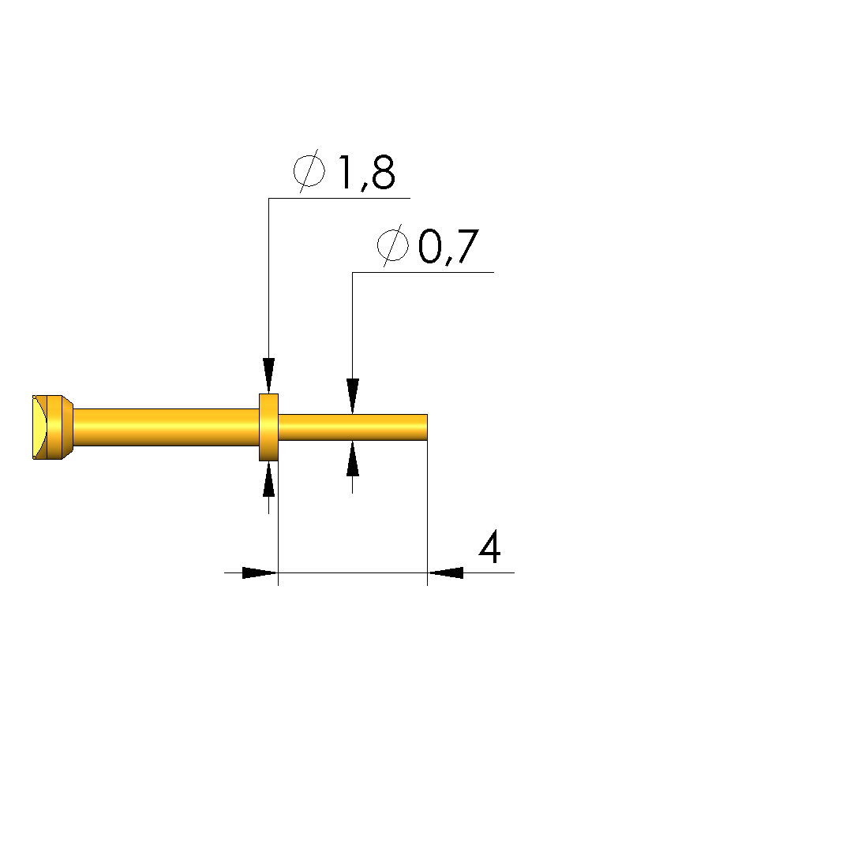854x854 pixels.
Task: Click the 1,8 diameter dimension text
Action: (x=367, y=173)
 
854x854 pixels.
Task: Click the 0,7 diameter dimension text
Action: (x=448, y=247)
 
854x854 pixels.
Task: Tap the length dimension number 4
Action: (x=490, y=546)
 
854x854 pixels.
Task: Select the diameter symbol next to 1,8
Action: (x=309, y=170)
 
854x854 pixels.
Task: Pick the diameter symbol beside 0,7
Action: (x=392, y=245)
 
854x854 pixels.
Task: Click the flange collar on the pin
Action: (x=268, y=427)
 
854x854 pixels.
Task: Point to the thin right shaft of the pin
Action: (x=353, y=427)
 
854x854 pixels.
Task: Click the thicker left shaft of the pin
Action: (x=166, y=427)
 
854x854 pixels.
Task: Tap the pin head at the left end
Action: (x=52, y=427)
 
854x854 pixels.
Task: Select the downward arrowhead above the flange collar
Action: (x=268, y=375)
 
